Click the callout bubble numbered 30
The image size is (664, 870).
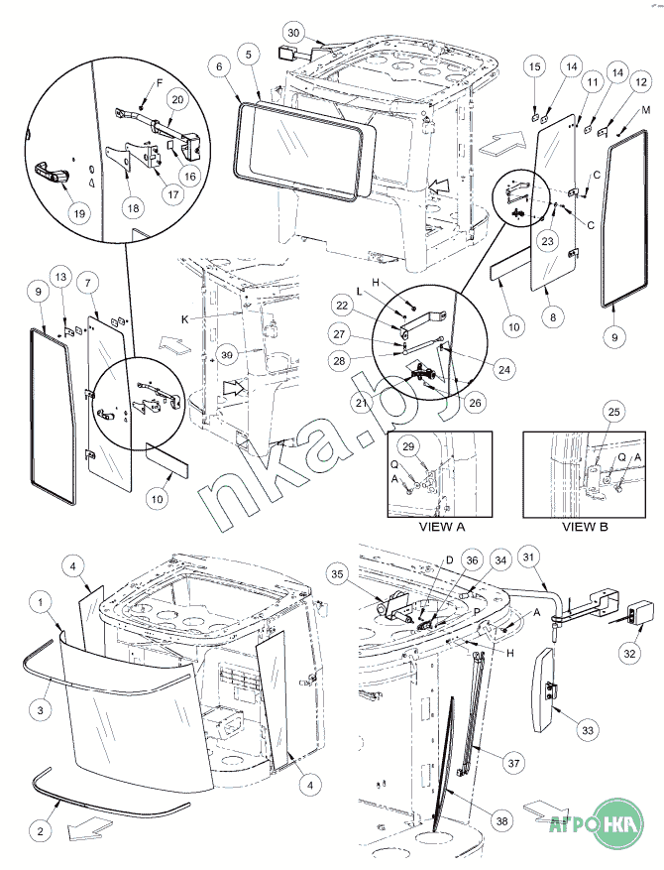click(293, 33)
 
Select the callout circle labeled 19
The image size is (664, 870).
click(79, 213)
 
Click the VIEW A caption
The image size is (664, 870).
click(442, 527)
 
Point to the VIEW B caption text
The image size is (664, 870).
click(585, 527)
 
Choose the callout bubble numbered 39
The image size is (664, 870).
click(227, 355)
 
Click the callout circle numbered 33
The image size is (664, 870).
click(587, 731)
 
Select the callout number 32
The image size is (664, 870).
click(629, 653)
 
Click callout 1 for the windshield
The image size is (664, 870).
click(41, 602)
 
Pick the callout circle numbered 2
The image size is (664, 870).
click(40, 830)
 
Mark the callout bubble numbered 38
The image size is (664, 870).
click(502, 820)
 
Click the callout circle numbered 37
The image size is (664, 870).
click(513, 764)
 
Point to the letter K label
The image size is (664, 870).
click(184, 320)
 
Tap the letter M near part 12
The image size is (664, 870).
click(645, 110)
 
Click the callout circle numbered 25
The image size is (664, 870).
click(613, 412)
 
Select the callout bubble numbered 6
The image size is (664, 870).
click(219, 66)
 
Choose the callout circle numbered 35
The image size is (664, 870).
click(338, 574)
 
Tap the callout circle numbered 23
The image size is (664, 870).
click(547, 241)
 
